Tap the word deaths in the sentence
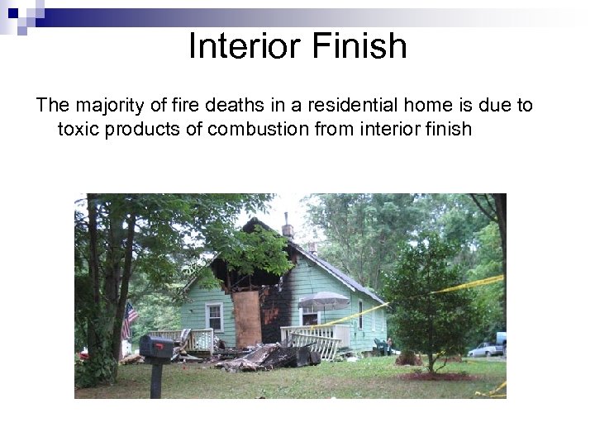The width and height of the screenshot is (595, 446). tap(225, 105)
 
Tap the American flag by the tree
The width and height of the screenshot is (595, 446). tap(130, 320)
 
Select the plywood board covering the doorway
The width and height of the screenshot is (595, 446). tap(247, 319)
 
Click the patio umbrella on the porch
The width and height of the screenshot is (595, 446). tap(323, 299)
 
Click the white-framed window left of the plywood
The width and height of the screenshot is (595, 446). tap(214, 316)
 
